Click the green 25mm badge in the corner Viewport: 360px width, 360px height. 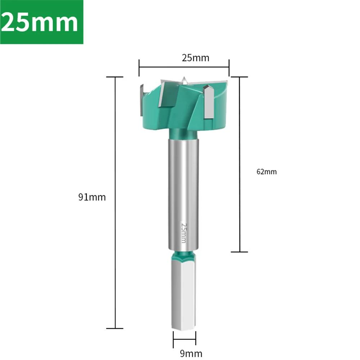pyautogui.click(x=42, y=22)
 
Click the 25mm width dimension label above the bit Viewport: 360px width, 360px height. pyautogui.click(x=196, y=58)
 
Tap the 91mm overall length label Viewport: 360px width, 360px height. pyautogui.click(x=92, y=197)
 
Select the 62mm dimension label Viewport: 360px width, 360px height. pyautogui.click(x=266, y=172)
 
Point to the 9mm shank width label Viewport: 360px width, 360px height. pyautogui.click(x=191, y=354)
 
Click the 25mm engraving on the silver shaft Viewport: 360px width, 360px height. pyautogui.click(x=184, y=233)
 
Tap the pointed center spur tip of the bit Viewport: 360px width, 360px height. pyautogui.click(x=184, y=78)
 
